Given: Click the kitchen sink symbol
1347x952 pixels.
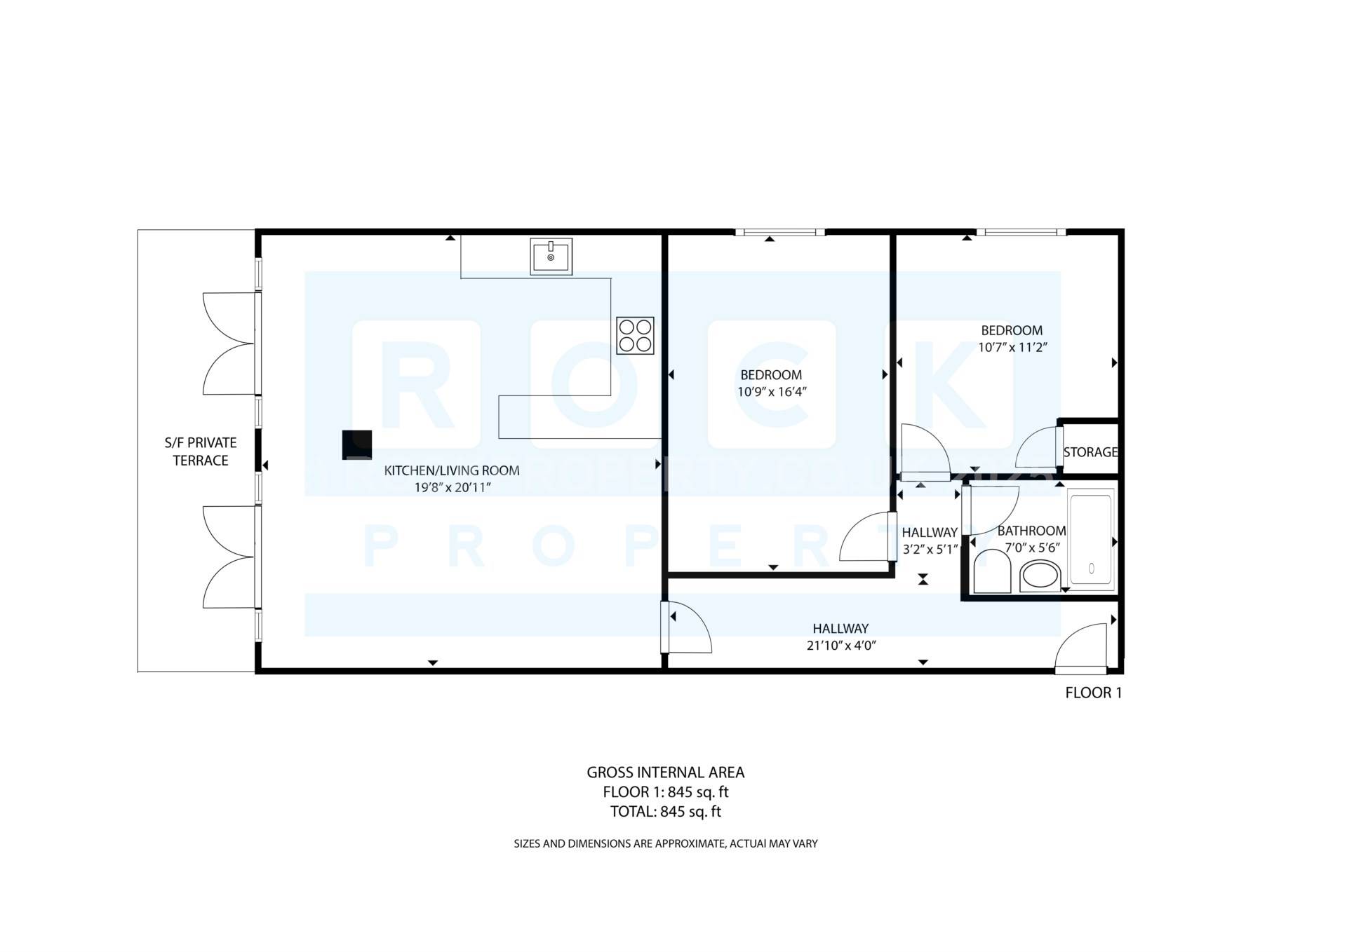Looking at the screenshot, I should pos(551,257).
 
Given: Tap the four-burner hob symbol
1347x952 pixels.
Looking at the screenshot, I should pos(635,335).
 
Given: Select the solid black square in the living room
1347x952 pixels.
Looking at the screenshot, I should pos(356,444).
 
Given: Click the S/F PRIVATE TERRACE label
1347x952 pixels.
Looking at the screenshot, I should pos(201,451).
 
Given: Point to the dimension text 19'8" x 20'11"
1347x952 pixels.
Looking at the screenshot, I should pos(452,487).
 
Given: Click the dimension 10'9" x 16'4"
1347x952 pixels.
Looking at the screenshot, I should pos(771,392).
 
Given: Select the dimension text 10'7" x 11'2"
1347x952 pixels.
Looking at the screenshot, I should pos(1012,347).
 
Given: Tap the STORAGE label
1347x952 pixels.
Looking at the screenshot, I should pos(1090,452).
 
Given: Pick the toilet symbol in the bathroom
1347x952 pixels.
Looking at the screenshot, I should pos(992,571).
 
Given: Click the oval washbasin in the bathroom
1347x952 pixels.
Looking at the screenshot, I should pos(1040,576).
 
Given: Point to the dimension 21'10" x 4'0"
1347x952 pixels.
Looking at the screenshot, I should pos(840,646).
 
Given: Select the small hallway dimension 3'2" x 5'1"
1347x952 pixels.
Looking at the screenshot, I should pos(930,550).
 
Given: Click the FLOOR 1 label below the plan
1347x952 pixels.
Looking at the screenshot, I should pos(1093,693).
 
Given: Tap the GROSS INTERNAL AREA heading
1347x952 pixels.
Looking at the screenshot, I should pos(665,773).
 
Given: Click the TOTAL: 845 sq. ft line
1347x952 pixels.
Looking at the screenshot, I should pos(665,812).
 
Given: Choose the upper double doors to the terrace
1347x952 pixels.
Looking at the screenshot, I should pos(229,344).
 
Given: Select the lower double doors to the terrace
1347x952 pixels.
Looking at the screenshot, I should pos(229,557).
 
